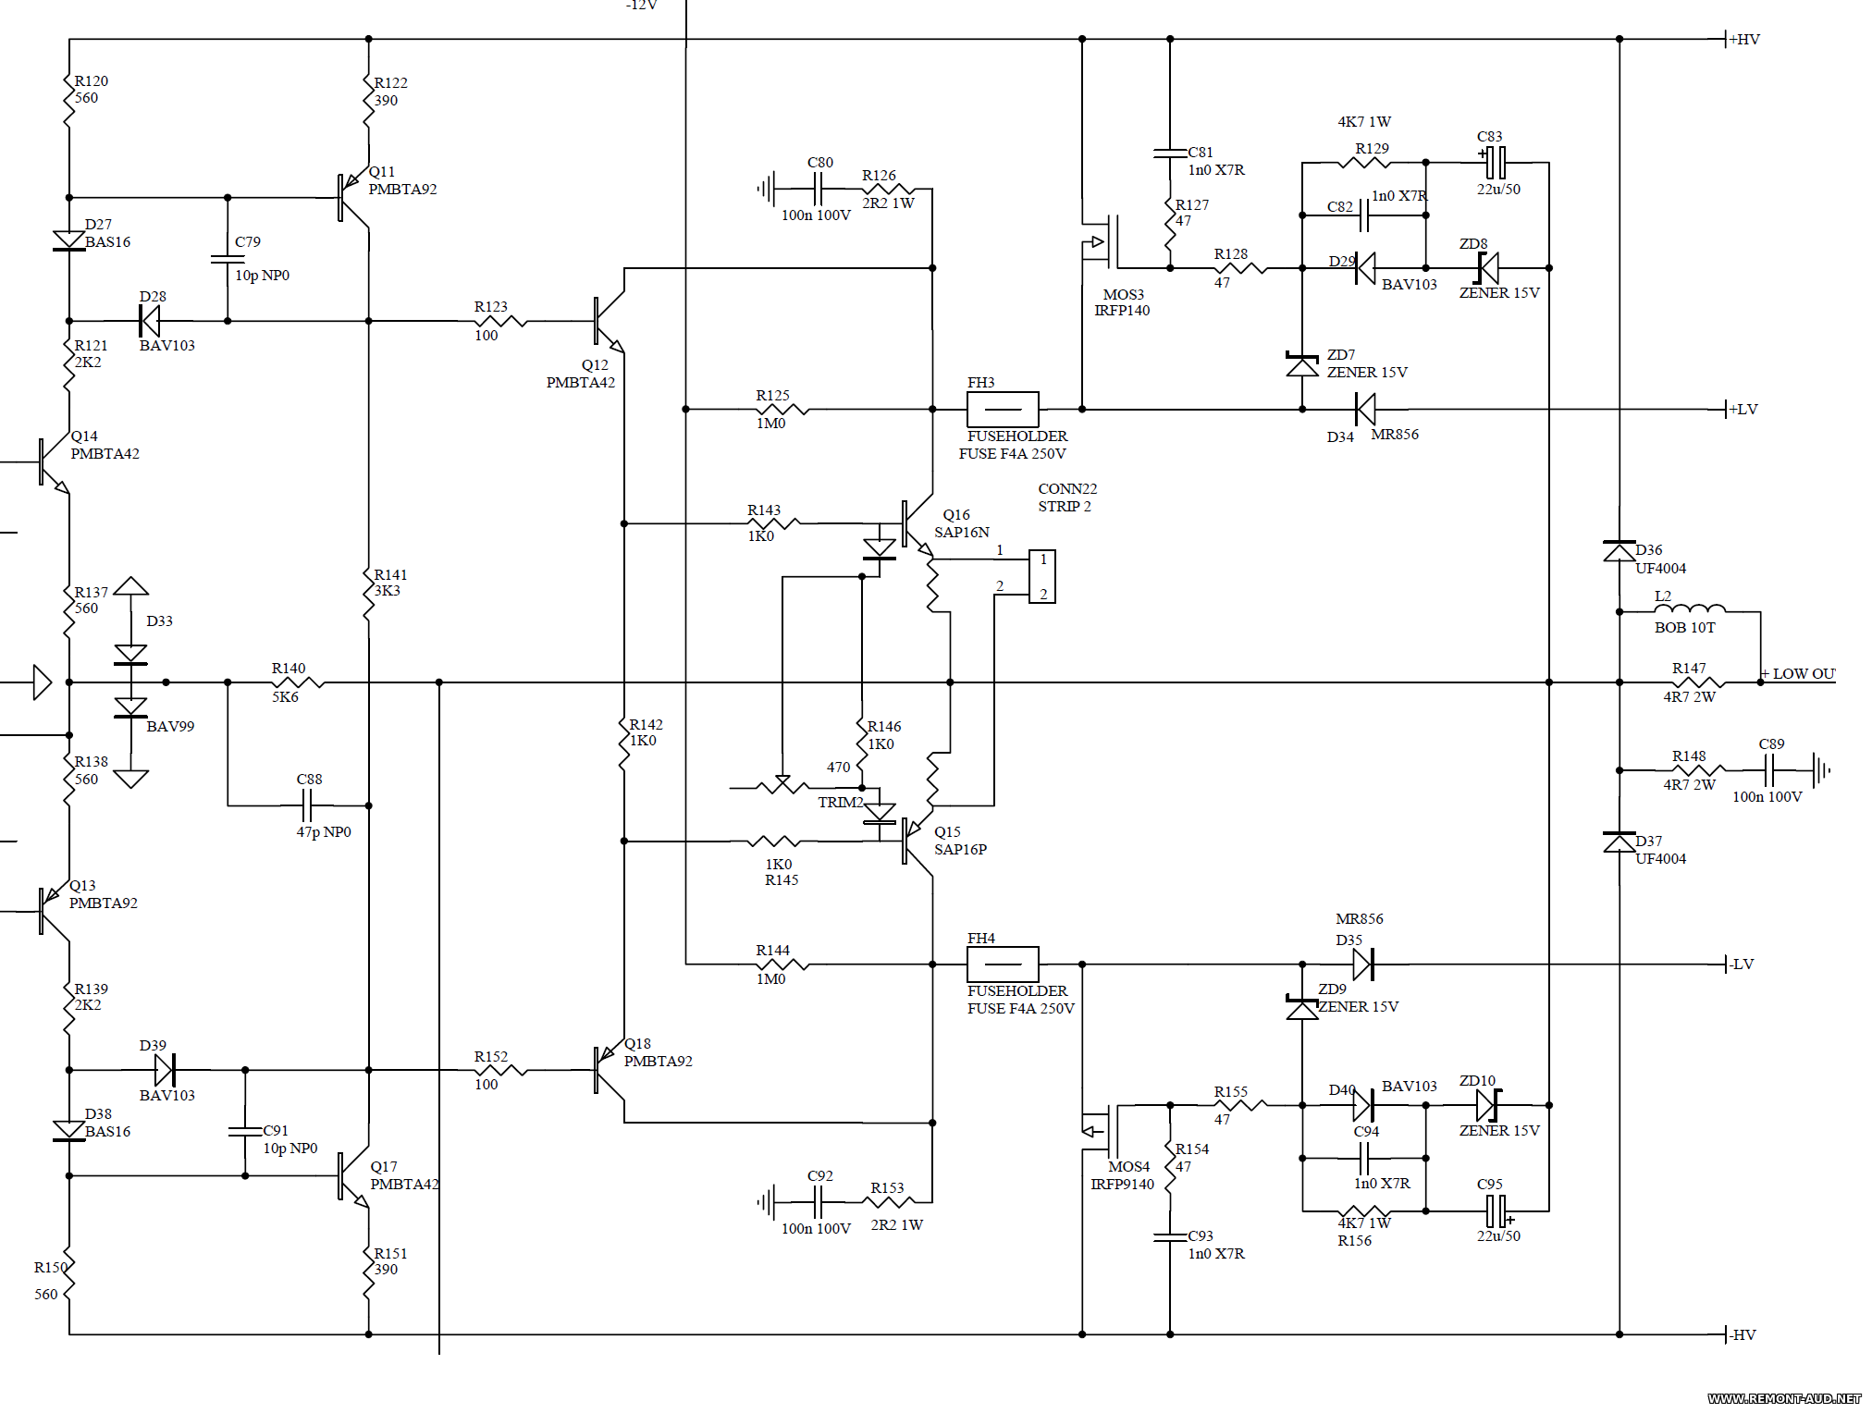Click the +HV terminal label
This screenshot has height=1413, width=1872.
(x=1744, y=40)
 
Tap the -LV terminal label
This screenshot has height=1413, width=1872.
(x=1742, y=965)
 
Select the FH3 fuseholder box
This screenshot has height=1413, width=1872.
(x=1003, y=410)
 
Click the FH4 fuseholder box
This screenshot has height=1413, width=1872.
(x=1003, y=965)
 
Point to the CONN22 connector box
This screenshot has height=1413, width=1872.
(x=1042, y=577)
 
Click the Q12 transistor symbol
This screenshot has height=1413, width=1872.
(x=609, y=322)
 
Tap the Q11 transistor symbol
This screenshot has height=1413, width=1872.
(x=353, y=198)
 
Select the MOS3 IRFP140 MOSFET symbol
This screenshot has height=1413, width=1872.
(x=1102, y=242)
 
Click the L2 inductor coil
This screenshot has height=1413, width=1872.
(x=1690, y=608)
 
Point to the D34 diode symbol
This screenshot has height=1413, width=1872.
(x=1365, y=409)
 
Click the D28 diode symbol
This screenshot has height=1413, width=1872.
(x=149, y=321)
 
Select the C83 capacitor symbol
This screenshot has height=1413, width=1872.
(x=1495, y=163)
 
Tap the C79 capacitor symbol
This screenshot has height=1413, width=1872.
(x=228, y=260)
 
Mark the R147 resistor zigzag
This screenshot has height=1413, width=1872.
(x=1698, y=682)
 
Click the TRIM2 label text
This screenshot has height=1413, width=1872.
(x=840, y=803)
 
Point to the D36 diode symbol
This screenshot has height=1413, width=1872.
(x=1620, y=551)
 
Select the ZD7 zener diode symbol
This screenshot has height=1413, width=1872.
(x=1302, y=365)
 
